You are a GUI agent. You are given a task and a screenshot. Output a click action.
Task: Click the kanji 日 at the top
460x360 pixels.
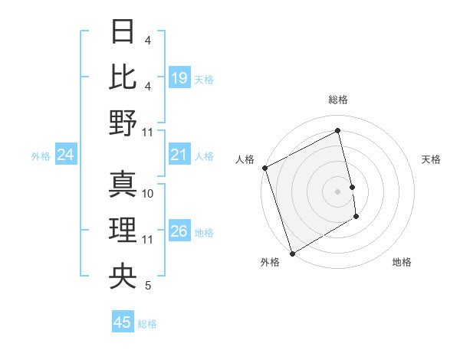click(x=123, y=31)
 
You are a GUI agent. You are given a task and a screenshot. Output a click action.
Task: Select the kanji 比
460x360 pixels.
click(x=123, y=77)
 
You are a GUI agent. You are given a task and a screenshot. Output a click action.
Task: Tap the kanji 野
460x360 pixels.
click(x=123, y=123)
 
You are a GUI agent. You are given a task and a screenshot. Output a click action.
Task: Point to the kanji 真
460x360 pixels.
click(x=123, y=185)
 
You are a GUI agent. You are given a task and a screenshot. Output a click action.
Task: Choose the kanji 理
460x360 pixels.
click(x=123, y=231)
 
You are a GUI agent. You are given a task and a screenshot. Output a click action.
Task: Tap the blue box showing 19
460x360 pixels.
click(x=179, y=78)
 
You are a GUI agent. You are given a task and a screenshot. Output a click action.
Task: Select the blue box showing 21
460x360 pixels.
click(x=179, y=155)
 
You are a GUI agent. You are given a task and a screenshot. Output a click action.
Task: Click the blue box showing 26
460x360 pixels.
click(x=179, y=231)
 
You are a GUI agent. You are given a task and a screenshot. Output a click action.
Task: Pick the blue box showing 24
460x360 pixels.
click(x=66, y=155)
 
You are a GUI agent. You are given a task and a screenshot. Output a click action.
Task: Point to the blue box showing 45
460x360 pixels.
click(x=123, y=322)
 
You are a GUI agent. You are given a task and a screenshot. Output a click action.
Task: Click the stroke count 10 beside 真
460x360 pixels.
click(x=149, y=194)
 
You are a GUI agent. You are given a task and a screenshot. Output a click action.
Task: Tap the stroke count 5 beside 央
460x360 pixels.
click(x=148, y=286)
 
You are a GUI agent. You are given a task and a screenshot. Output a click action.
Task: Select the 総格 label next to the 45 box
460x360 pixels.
click(x=147, y=324)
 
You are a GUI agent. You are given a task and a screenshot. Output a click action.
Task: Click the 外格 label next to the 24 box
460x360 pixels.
click(x=41, y=156)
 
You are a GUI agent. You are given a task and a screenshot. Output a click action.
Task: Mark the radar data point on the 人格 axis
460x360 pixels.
click(x=264, y=168)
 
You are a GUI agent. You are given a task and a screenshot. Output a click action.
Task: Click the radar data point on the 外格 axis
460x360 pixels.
click(x=292, y=253)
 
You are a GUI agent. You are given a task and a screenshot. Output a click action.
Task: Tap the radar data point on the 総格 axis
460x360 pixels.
click(x=338, y=131)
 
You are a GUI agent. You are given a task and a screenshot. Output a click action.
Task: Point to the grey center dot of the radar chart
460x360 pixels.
click(x=337, y=191)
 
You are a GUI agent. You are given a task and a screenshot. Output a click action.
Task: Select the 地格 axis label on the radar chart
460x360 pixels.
click(x=402, y=262)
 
